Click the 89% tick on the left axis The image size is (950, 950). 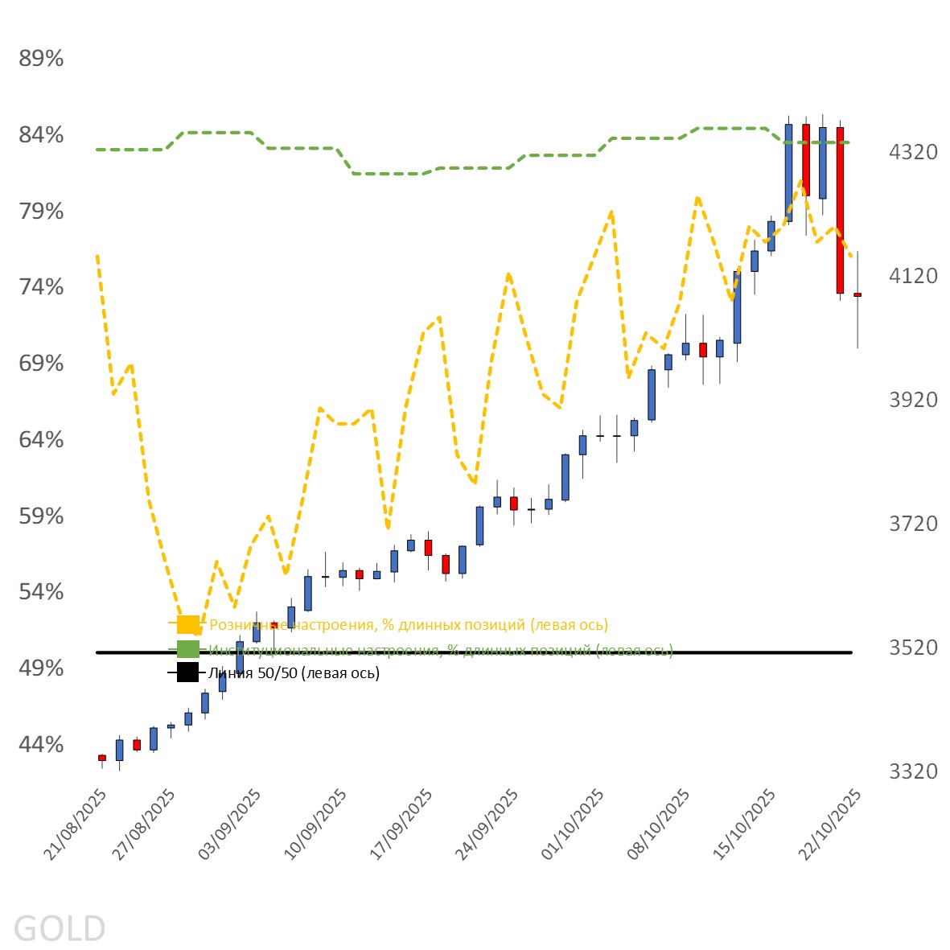(x=41, y=59)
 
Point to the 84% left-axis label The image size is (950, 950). (x=41, y=135)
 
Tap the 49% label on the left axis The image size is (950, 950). (x=41, y=668)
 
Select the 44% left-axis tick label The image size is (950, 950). (x=41, y=745)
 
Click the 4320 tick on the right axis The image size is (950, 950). (x=913, y=152)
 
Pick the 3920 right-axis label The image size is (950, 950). (x=913, y=400)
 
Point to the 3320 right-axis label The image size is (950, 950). (x=913, y=772)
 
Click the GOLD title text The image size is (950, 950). (x=60, y=928)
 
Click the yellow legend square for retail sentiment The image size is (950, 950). (x=187, y=624)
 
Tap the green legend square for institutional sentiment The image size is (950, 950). (x=187, y=649)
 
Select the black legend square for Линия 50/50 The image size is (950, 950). (x=187, y=672)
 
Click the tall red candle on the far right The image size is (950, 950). (x=840, y=209)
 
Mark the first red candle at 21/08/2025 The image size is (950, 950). (x=102, y=758)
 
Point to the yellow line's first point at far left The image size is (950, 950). (x=97, y=256)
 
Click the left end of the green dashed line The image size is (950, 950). (x=97, y=150)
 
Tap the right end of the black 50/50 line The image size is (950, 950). (x=850, y=652)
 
